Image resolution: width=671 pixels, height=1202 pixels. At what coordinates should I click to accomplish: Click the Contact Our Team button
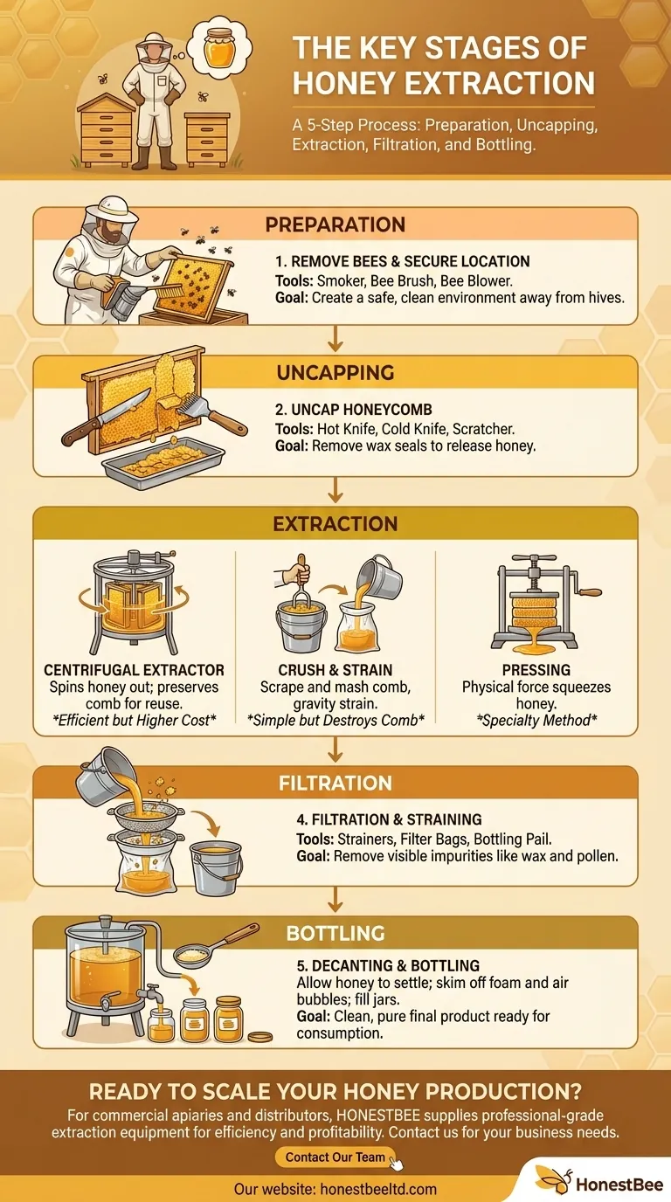(x=335, y=1157)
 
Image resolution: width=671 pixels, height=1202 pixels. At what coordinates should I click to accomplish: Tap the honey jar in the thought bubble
(x=219, y=48)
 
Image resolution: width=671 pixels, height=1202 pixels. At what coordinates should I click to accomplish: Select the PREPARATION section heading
(x=335, y=225)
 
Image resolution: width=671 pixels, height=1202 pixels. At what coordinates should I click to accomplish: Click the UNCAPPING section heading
(x=335, y=372)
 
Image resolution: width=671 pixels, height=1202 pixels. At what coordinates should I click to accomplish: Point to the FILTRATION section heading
(x=335, y=783)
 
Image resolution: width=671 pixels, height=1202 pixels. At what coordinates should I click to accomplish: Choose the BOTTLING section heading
(x=335, y=933)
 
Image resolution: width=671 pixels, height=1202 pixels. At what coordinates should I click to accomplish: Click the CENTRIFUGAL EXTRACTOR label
(x=135, y=670)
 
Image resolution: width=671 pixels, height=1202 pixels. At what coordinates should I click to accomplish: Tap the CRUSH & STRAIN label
(x=335, y=670)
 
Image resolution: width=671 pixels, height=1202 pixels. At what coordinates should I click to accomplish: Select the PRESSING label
(x=536, y=670)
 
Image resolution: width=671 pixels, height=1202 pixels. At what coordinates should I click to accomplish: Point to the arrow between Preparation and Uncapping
(x=335, y=339)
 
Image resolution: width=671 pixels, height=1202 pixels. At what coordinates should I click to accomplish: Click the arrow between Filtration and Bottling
(x=335, y=900)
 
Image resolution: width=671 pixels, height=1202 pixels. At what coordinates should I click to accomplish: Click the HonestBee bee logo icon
(x=553, y=1180)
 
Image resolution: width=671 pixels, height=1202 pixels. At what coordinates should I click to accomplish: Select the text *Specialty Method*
(x=536, y=720)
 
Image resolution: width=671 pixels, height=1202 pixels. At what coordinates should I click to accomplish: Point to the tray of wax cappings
(x=163, y=462)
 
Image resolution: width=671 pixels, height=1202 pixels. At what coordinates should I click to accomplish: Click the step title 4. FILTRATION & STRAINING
(x=389, y=819)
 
